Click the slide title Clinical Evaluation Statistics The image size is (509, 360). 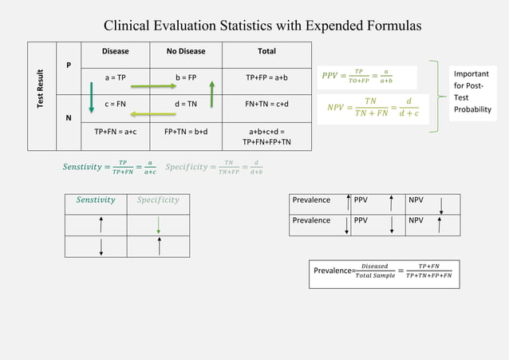[262, 26]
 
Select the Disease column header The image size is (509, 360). [116, 51]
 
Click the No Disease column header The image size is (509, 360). [185, 51]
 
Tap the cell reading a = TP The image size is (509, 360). [116, 77]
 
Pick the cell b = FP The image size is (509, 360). [185, 77]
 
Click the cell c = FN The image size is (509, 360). [116, 103]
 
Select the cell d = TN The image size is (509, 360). [185, 103]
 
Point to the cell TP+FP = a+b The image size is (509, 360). [266, 77]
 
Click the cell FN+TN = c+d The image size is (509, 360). [266, 103]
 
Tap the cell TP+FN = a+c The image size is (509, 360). [116, 131]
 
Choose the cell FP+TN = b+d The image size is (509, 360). [186, 131]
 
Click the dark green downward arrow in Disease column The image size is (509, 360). [92, 96]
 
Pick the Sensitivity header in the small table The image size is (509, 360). [96, 200]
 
